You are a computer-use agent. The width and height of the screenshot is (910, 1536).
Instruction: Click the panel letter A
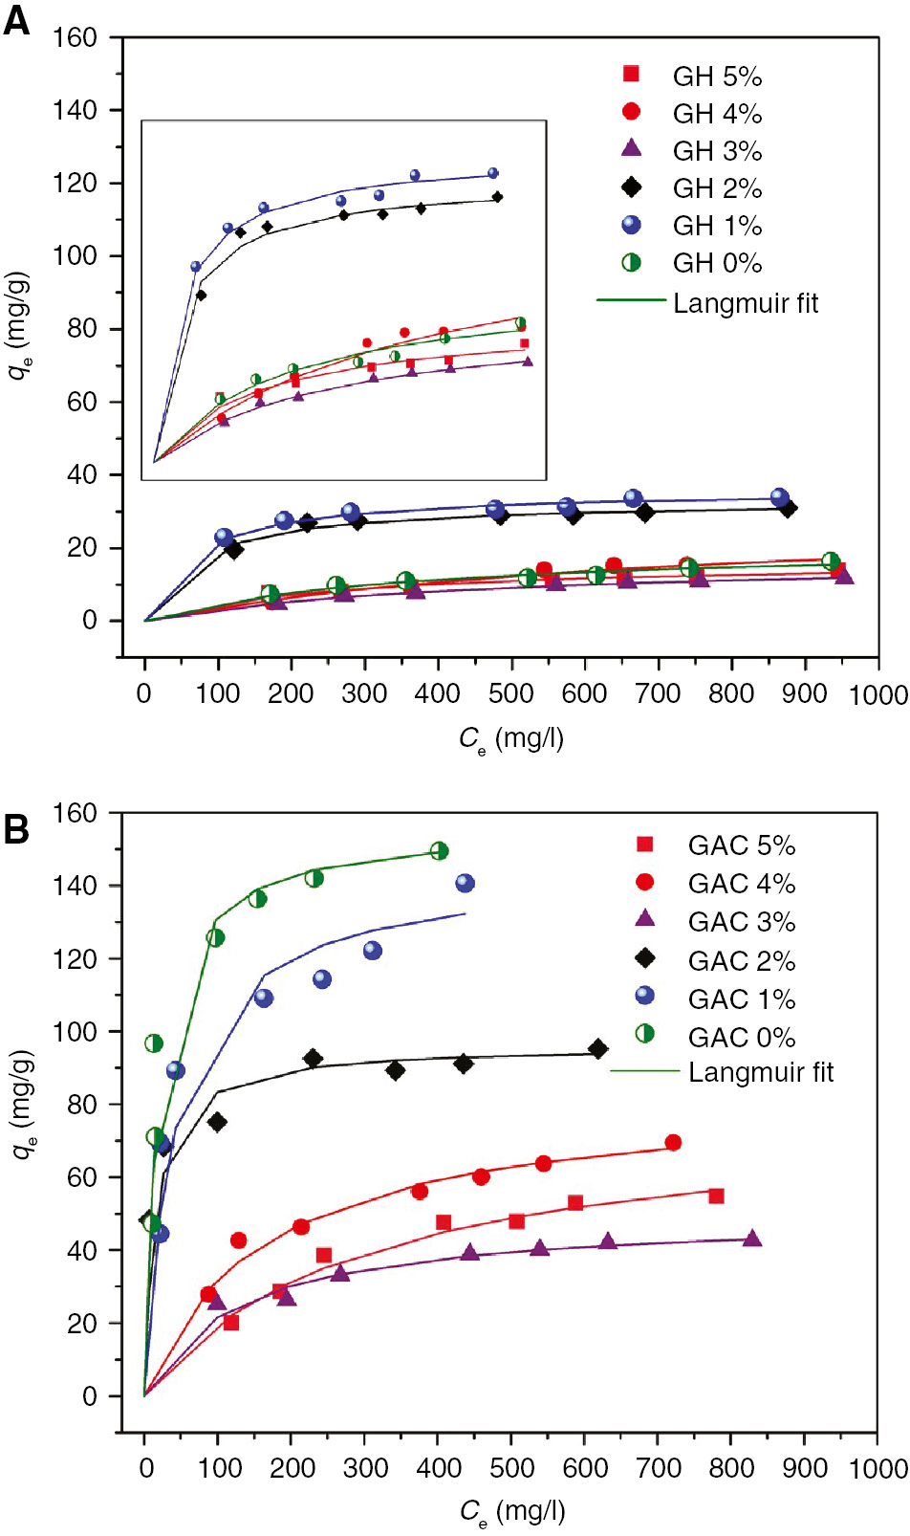pyautogui.click(x=16, y=21)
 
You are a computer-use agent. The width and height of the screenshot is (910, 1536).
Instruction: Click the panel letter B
pyautogui.click(x=16, y=829)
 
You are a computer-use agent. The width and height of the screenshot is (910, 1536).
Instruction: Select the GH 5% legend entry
pyautogui.click(x=717, y=77)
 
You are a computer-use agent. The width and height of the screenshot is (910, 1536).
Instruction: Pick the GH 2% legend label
pyautogui.click(x=717, y=188)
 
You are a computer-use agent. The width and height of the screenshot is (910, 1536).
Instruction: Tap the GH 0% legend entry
pyautogui.click(x=717, y=263)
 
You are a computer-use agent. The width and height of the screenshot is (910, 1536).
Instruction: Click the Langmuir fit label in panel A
pyautogui.click(x=746, y=303)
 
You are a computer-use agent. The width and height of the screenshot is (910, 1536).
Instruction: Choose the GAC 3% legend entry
pyautogui.click(x=741, y=922)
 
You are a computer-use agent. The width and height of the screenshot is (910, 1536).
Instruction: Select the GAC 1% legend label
pyautogui.click(x=741, y=999)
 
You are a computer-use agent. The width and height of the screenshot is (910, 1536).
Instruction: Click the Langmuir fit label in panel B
pyautogui.click(x=761, y=1072)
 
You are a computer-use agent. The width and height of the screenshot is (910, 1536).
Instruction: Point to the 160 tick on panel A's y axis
pyautogui.click(x=75, y=37)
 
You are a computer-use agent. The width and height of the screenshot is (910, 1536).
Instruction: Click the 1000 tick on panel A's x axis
pyautogui.click(x=878, y=694)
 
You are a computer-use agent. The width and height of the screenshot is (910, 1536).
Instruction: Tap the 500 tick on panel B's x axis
pyautogui.click(x=511, y=1468)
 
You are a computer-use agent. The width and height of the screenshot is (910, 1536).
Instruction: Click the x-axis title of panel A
pyautogui.click(x=511, y=739)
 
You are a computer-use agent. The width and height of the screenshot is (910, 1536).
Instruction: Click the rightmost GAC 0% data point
pyautogui.click(x=439, y=851)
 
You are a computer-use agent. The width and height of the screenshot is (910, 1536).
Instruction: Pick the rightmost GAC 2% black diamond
pyautogui.click(x=597, y=1049)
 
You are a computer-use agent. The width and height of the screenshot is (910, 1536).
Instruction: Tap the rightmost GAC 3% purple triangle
pyautogui.click(x=752, y=1239)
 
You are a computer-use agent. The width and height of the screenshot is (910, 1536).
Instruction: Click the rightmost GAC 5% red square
pyautogui.click(x=716, y=1196)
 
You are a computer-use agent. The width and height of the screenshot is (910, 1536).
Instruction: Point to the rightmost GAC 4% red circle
pyautogui.click(x=673, y=1143)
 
